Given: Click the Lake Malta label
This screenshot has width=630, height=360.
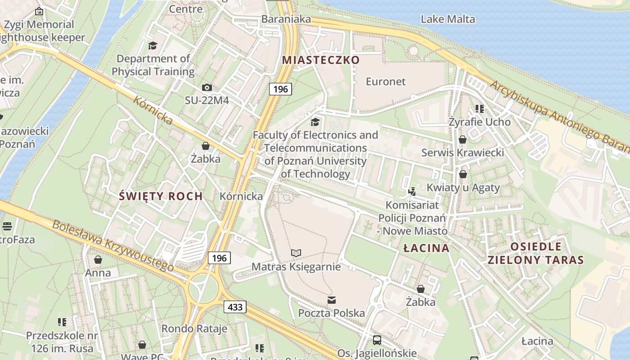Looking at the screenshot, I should coord(448,19).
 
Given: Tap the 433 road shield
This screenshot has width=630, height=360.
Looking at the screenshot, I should coord(235,307).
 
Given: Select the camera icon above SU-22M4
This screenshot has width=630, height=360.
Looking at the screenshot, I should coord(207,87).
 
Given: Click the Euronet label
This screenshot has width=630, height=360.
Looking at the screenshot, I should coord(386,81).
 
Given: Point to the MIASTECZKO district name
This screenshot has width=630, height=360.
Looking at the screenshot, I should coord(321,60).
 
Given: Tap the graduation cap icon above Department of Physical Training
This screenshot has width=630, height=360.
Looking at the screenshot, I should coord(153,45).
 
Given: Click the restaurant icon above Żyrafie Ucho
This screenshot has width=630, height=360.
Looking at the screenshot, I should coord(480,109).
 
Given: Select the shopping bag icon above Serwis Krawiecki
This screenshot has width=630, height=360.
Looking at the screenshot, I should coord(463,139).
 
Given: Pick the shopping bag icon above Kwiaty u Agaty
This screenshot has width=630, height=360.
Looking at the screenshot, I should coord(463,174).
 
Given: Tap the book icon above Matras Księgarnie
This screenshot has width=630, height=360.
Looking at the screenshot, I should coord(296,253).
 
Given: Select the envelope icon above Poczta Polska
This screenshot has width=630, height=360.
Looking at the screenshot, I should coord(332,300).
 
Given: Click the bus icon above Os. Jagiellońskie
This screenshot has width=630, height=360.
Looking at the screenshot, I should coord(377,340).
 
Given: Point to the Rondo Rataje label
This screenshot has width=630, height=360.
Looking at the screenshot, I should coord(194,328).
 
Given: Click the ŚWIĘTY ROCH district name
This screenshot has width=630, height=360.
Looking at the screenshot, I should coord(161,196).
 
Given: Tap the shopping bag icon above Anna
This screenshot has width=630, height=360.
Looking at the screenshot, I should coord(98,260).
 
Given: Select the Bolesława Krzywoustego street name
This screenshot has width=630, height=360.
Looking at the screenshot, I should coord(113,246).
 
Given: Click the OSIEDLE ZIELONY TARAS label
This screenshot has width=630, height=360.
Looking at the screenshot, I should coord(535,253).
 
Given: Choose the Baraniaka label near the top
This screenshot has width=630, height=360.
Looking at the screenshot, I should coord(286,19).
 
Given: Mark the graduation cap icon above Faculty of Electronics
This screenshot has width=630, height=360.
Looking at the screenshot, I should coord(315,122).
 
